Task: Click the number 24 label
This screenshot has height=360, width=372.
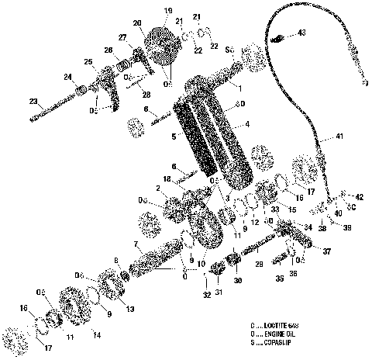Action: click(68, 76)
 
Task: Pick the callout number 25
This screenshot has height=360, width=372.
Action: click(88, 61)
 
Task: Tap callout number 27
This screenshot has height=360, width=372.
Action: click(122, 37)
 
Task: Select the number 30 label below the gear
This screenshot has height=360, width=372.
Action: click(238, 280)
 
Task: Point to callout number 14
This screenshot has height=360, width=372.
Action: click(96, 334)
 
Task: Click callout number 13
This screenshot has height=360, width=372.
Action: click(129, 309)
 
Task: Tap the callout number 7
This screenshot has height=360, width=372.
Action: click(136, 244)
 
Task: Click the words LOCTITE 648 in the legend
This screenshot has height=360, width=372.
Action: click(284, 326)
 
